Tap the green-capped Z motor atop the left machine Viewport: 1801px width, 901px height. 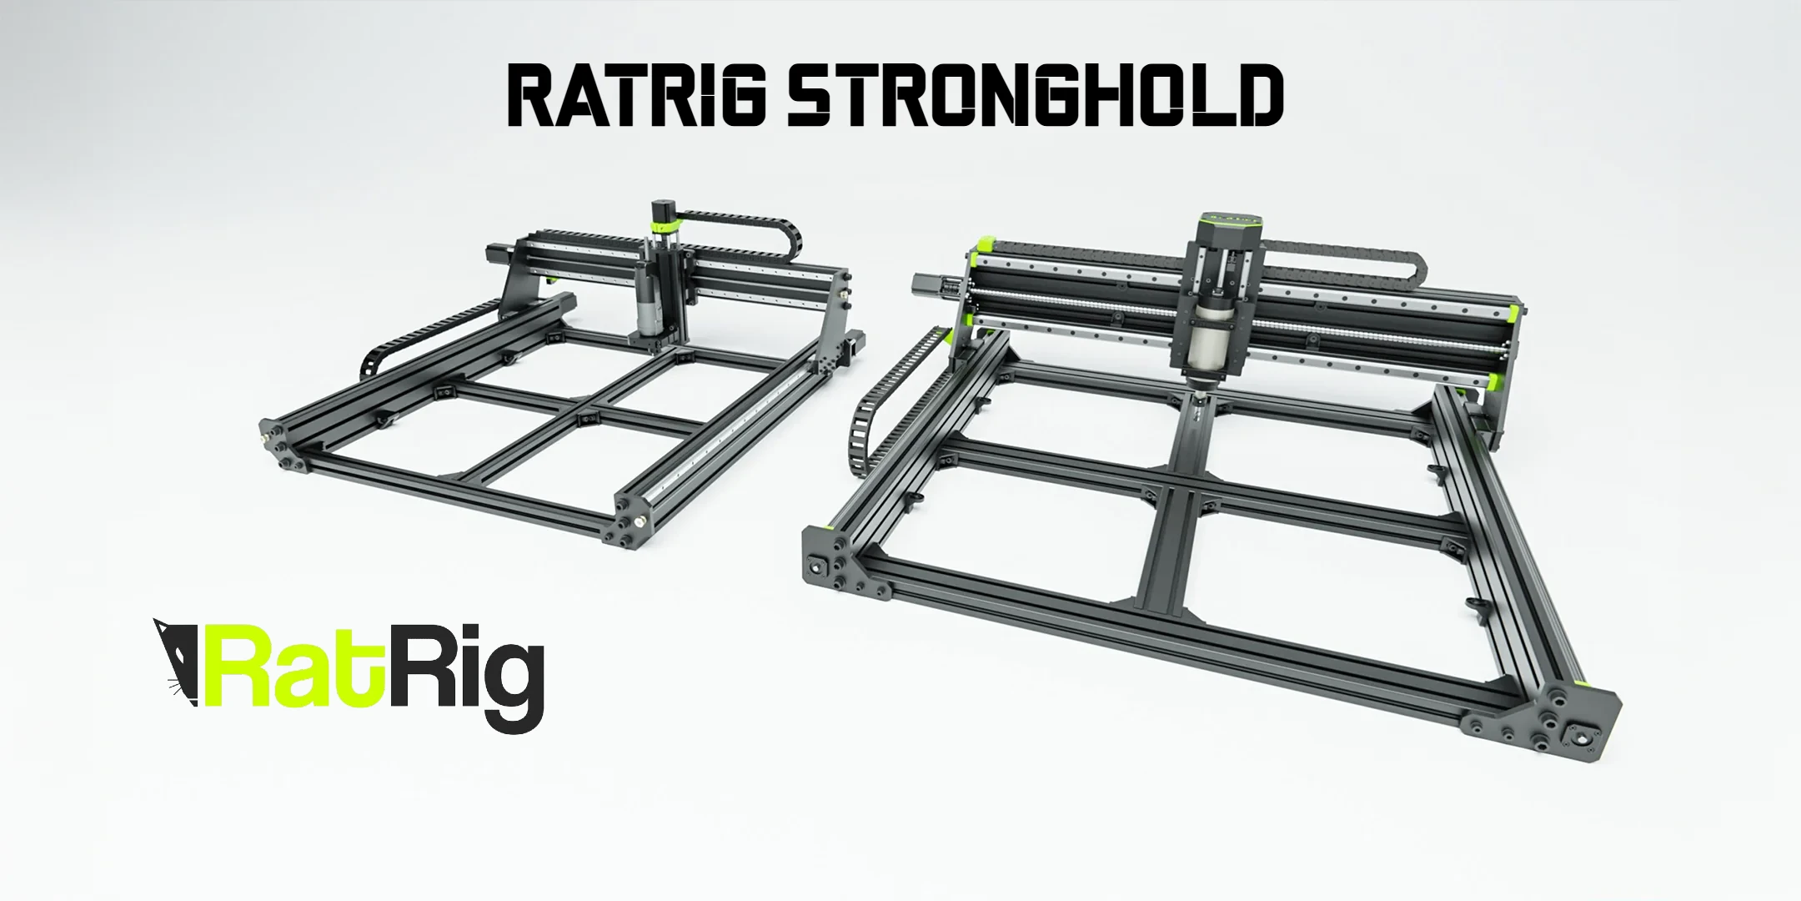[x=665, y=218]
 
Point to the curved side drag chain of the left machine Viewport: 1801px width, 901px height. [x=392, y=350]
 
